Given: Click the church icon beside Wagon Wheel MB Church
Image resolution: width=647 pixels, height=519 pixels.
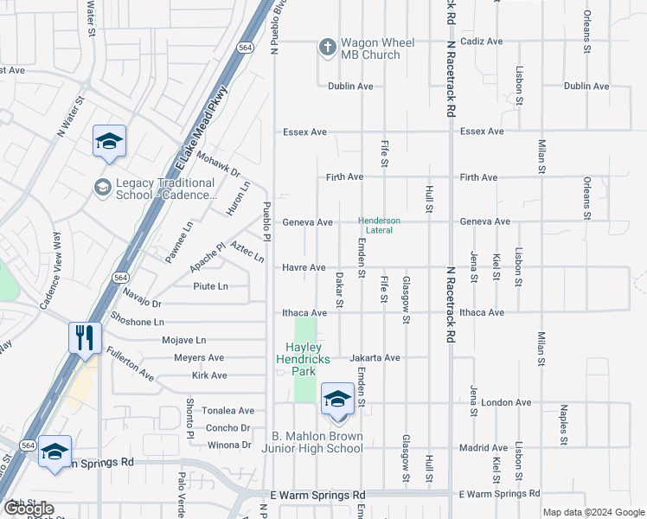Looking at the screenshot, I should (328, 48).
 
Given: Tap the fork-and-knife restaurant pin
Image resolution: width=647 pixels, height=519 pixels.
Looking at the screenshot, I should (85, 336).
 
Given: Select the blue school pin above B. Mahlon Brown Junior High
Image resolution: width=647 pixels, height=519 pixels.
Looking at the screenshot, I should (337, 398).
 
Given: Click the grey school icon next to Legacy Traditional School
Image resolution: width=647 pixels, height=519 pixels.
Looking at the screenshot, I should (102, 188).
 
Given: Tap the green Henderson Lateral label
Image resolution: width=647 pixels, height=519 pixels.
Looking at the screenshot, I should (380, 225).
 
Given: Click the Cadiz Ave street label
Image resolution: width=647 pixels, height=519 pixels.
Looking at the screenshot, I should (483, 42).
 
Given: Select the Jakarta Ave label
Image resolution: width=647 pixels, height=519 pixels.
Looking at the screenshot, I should (375, 357).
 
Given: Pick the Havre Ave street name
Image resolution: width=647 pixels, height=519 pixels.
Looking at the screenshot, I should (304, 267).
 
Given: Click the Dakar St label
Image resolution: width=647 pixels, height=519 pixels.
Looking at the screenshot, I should (339, 290).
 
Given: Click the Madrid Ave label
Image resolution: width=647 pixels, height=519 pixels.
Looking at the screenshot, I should (484, 447).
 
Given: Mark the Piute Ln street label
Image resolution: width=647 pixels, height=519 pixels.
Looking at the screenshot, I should (210, 286).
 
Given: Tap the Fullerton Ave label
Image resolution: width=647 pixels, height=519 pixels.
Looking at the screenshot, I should (130, 364).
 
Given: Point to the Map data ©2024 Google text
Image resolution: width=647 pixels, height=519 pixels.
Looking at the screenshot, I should (593, 512).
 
